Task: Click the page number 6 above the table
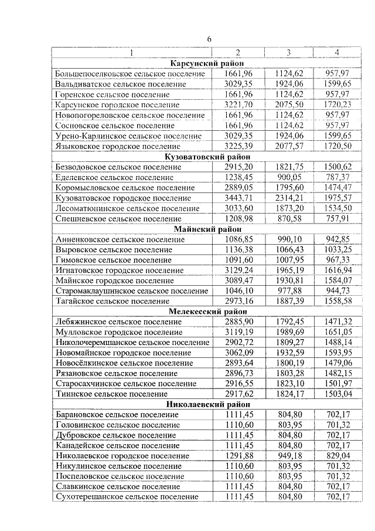209,39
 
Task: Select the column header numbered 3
288,53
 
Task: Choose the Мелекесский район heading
207,312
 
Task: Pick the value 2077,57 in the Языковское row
288,146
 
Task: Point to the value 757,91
337,219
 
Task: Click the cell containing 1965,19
288,270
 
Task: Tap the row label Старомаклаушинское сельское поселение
132,291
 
